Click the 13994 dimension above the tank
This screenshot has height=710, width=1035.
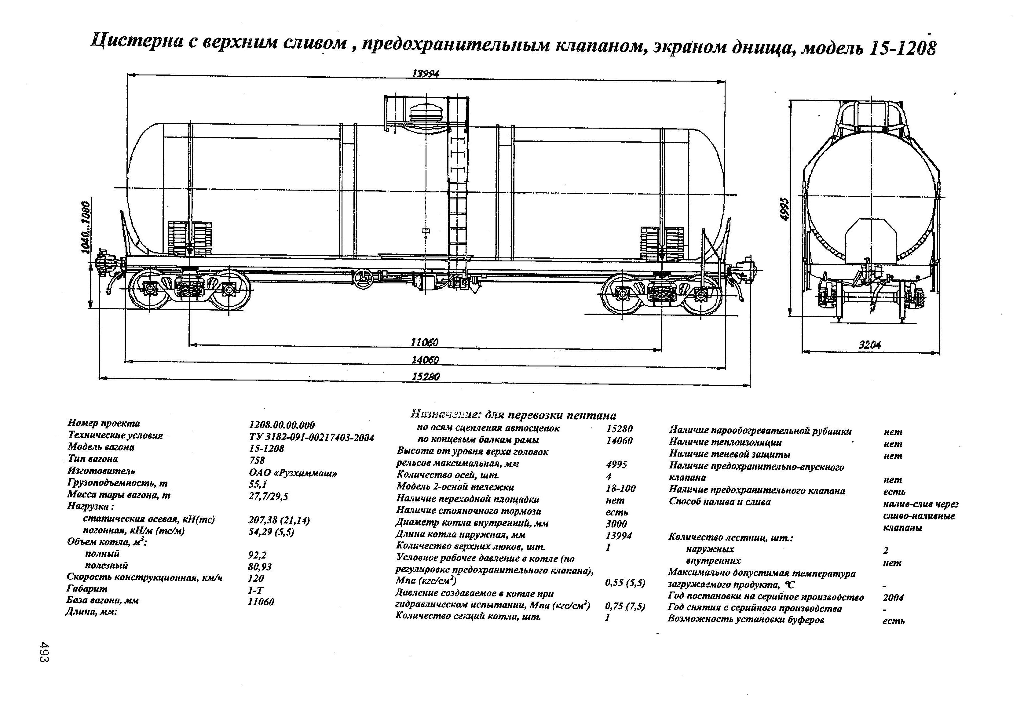(x=425, y=74)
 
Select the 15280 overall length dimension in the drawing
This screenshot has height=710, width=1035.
(x=425, y=377)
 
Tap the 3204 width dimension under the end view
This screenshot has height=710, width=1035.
(x=869, y=344)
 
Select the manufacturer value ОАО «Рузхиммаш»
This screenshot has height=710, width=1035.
(x=293, y=473)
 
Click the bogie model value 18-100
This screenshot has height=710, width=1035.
(x=620, y=488)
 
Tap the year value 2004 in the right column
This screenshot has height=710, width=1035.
(x=893, y=598)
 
